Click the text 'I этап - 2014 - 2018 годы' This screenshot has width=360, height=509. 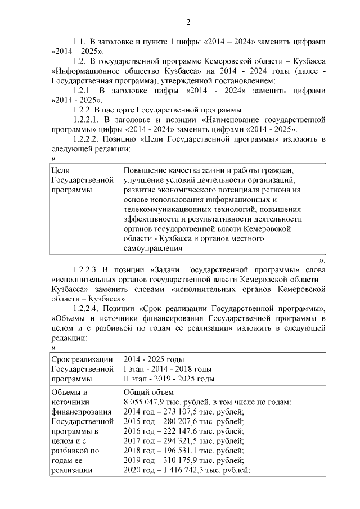pos(167,369)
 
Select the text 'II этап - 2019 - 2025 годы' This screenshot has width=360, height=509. pos(169,379)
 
